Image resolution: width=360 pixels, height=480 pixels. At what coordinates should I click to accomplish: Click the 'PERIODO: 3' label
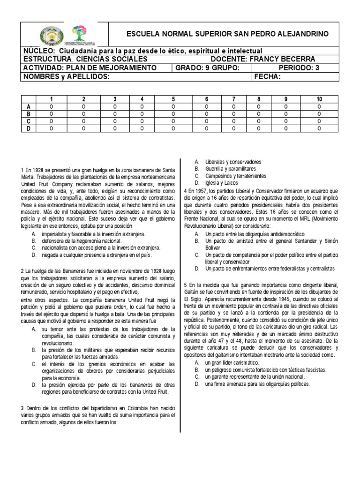(298, 68)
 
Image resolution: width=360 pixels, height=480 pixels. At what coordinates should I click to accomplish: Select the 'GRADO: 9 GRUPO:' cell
(208, 68)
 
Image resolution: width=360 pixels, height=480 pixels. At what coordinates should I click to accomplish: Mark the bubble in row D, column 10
(319, 128)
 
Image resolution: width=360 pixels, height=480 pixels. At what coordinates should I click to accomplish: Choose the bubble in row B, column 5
(173, 114)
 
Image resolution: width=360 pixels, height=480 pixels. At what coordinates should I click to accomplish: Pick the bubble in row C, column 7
(233, 121)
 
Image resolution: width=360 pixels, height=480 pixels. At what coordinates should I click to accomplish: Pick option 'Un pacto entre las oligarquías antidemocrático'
(255, 233)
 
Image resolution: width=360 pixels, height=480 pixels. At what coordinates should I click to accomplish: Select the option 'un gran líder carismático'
(233, 363)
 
